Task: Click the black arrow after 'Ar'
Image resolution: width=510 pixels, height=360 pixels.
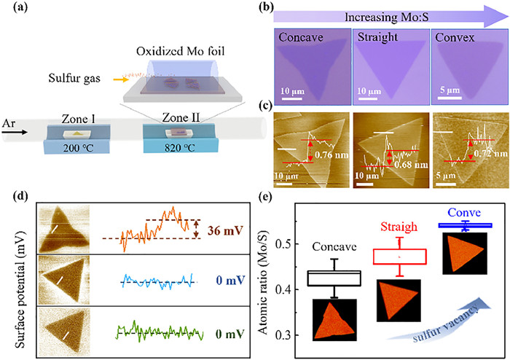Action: point(33,134)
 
